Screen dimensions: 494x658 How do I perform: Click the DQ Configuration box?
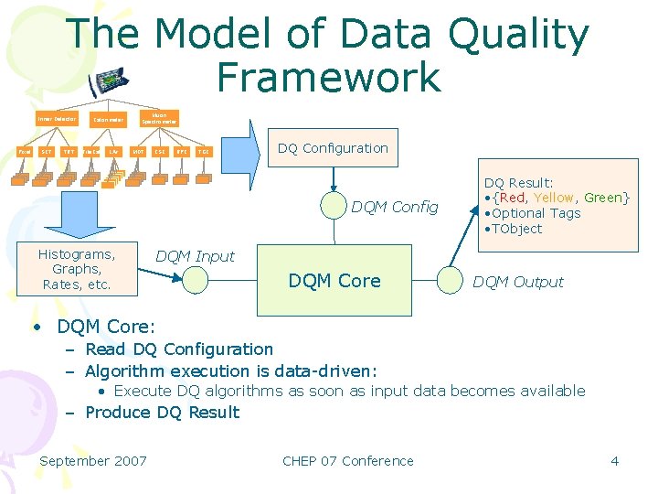(x=333, y=148)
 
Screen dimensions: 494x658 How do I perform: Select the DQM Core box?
(x=334, y=281)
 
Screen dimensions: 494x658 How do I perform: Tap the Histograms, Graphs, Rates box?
(x=77, y=270)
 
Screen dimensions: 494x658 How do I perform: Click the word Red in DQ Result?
(x=513, y=198)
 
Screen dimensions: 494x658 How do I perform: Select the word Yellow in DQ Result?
(x=554, y=198)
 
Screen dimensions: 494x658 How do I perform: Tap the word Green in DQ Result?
(x=603, y=198)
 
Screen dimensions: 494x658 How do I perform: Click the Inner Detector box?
(x=57, y=119)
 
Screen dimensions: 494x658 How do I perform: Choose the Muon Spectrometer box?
(x=159, y=117)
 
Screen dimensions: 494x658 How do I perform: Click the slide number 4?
(x=614, y=460)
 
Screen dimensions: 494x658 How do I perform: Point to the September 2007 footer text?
(x=93, y=460)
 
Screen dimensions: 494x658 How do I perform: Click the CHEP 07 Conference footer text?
(x=347, y=460)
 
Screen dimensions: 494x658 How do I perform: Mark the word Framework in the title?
(x=329, y=77)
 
